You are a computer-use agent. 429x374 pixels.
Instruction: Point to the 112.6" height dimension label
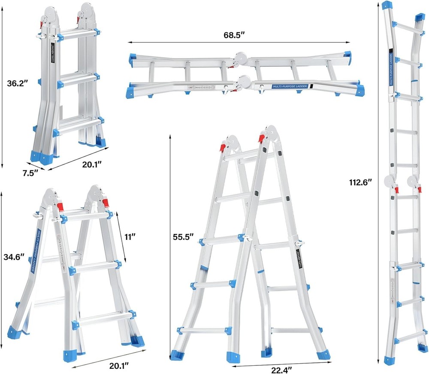[360, 182]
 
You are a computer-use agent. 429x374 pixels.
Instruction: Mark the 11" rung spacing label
[130, 236]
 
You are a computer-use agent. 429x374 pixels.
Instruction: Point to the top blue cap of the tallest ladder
[387, 6]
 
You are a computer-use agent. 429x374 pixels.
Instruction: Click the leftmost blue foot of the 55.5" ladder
[176, 356]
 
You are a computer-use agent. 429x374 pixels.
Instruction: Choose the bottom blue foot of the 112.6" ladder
[389, 360]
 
